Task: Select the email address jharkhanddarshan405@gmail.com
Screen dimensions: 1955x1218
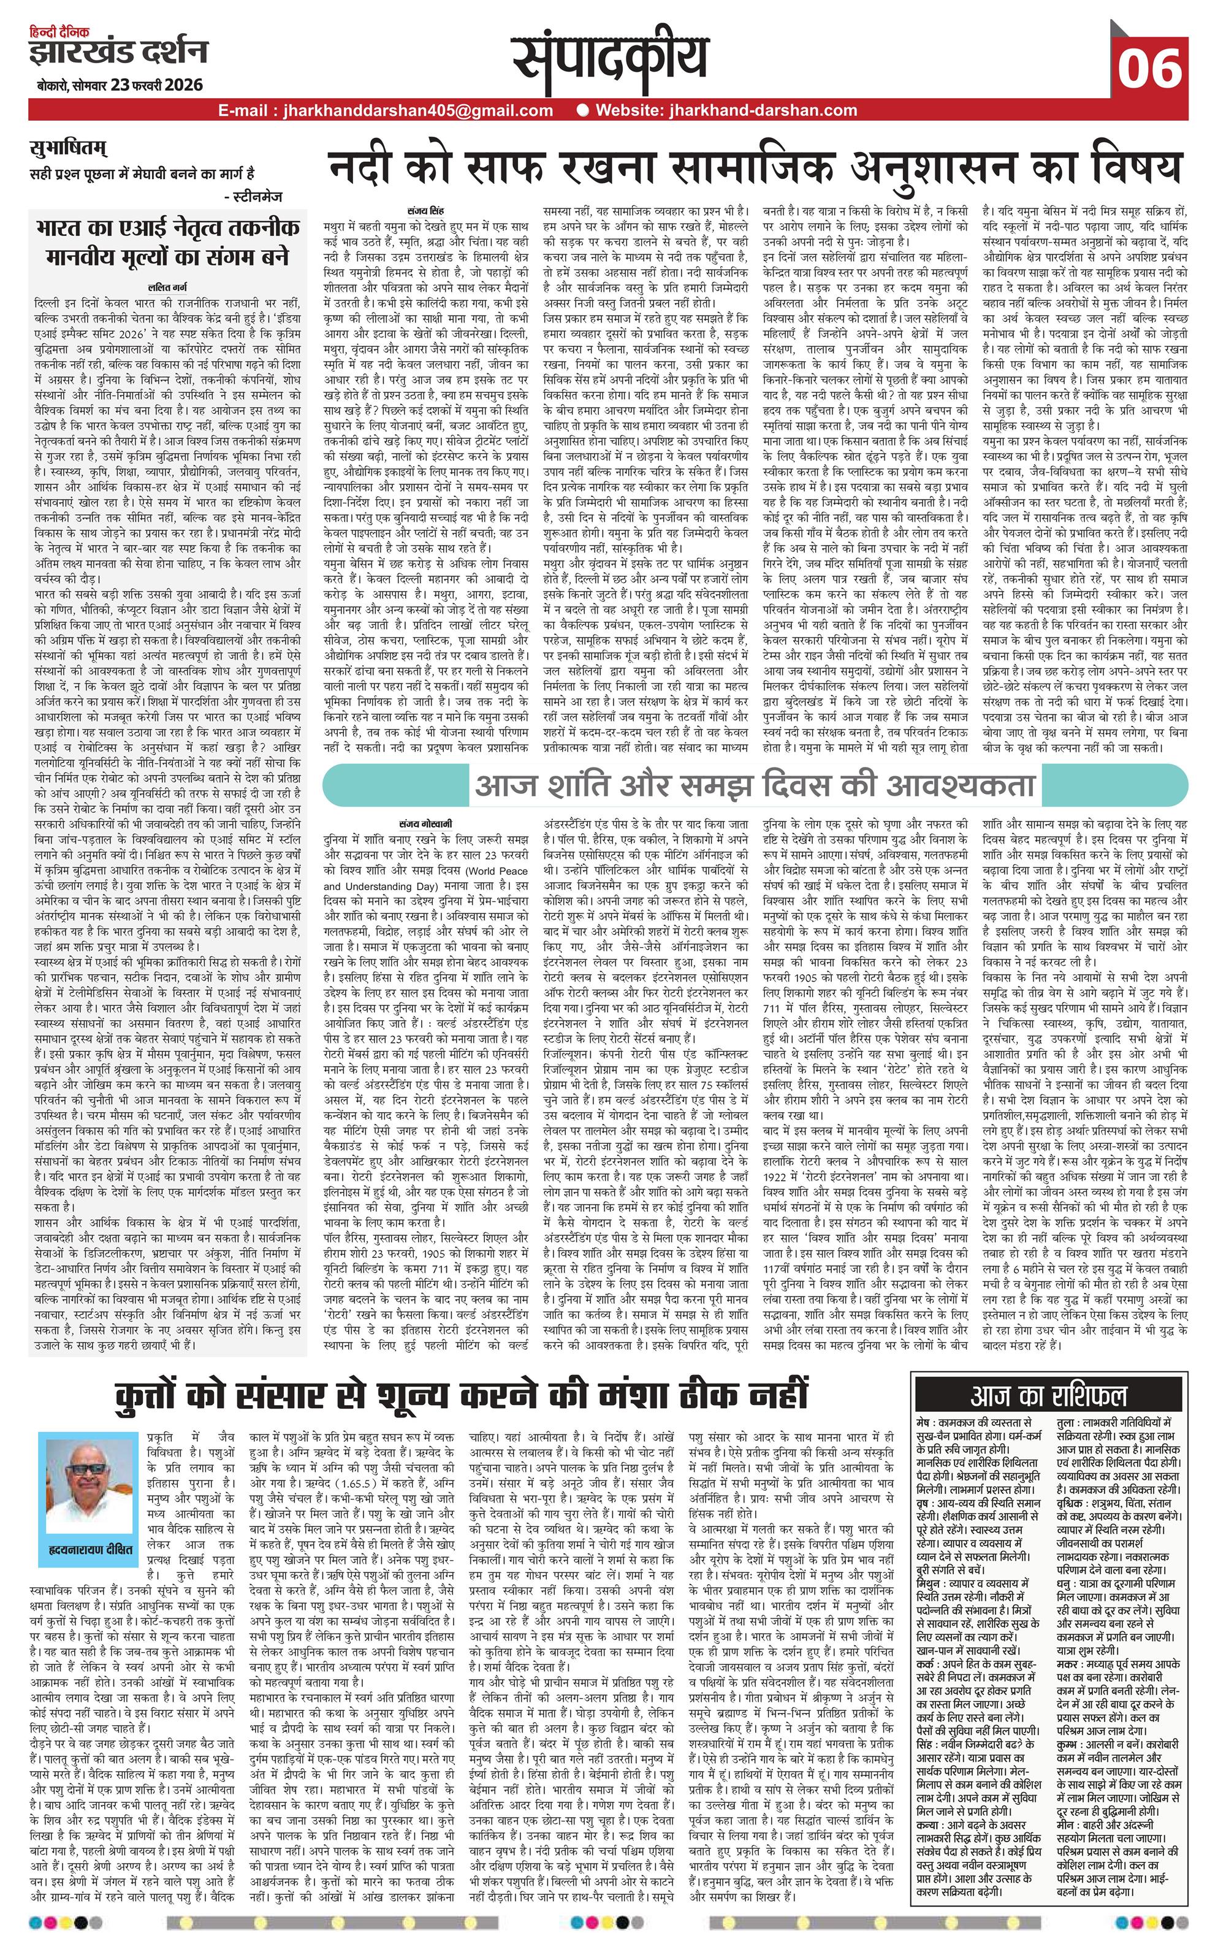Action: click(x=385, y=111)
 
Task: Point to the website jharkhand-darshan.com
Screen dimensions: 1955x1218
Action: click(x=726, y=111)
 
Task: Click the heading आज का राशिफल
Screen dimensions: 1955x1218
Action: click(x=1048, y=1396)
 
